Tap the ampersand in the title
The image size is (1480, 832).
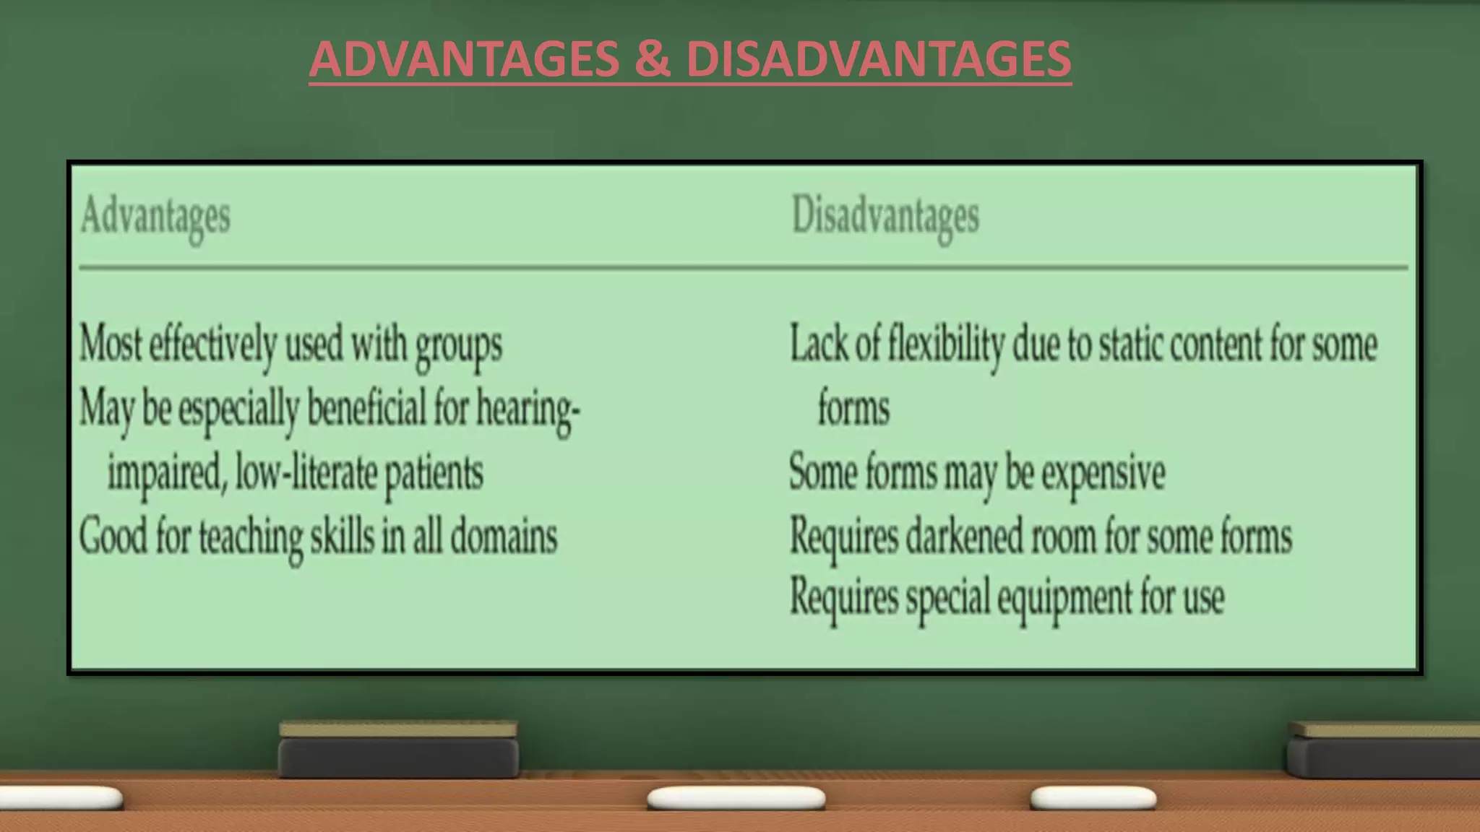pos(653,58)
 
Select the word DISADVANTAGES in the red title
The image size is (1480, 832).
pos(878,58)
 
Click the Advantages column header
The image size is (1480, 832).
pos(155,217)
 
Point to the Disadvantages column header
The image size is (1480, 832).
pos(885,217)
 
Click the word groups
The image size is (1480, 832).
pos(458,345)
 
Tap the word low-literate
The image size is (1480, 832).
pos(306,473)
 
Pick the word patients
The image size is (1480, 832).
pos(434,474)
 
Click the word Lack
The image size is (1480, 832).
pos(819,343)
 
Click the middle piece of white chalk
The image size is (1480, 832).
pos(736,798)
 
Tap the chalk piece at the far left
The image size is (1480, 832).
pos(61,798)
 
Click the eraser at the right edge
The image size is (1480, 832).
pos(1382,751)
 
